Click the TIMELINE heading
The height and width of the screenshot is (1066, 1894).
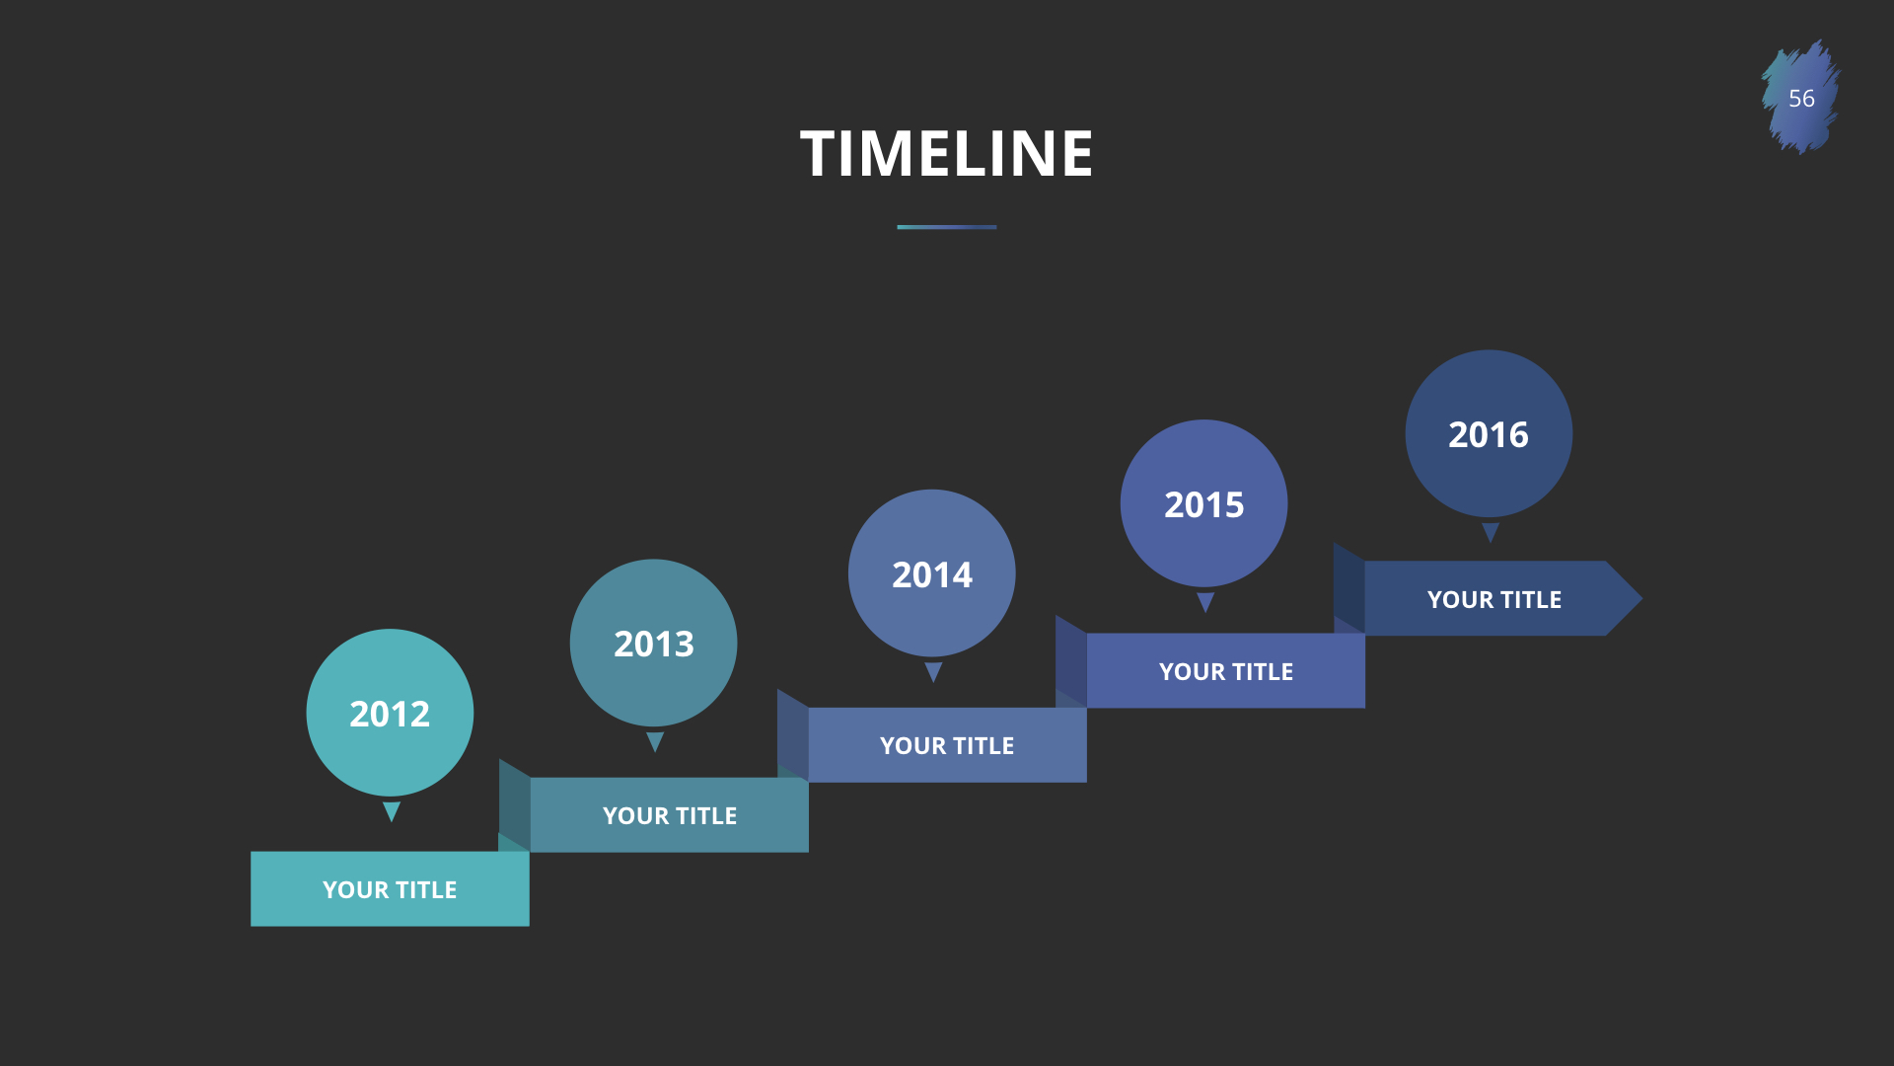[947, 154]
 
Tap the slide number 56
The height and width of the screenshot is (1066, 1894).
[1801, 99]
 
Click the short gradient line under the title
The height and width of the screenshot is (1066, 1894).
[947, 227]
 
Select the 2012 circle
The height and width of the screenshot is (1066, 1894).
[390, 713]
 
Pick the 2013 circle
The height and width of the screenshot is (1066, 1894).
[653, 643]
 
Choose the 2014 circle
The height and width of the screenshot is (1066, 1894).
[931, 573]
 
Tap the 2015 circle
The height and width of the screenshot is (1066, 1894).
[1203, 503]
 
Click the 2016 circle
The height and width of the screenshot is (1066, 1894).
[1489, 433]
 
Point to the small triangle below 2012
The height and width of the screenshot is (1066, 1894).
[392, 811]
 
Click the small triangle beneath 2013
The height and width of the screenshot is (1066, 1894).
[655, 741]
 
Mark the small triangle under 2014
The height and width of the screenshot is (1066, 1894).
[933, 672]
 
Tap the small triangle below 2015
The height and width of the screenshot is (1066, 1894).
[1205, 602]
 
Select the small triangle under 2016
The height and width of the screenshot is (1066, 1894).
[1491, 533]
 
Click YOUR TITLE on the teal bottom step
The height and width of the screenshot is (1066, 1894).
[390, 890]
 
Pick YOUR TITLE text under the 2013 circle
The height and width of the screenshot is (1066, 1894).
[670, 816]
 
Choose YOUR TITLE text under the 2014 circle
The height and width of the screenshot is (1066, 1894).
[947, 746]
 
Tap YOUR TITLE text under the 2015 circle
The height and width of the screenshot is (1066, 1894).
[1226, 672]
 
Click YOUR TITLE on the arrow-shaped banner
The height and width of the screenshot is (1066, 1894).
[1494, 600]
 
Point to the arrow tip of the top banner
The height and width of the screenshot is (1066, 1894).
[1641, 598]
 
